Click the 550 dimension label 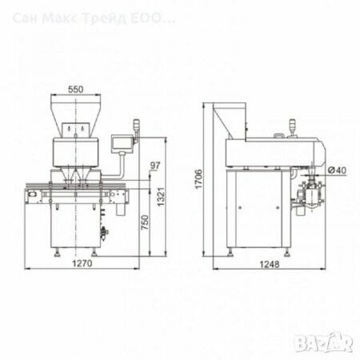pyautogui.click(x=76, y=90)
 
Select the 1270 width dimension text pyautogui.click(x=82, y=263)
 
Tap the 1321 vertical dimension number pyautogui.click(x=161, y=197)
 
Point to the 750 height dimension pyautogui.click(x=145, y=222)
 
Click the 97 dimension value pyautogui.click(x=155, y=166)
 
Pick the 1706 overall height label pyautogui.click(x=198, y=179)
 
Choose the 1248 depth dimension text pyautogui.click(x=270, y=264)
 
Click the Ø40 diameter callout pyautogui.click(x=337, y=170)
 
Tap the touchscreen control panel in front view pyautogui.click(x=122, y=144)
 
